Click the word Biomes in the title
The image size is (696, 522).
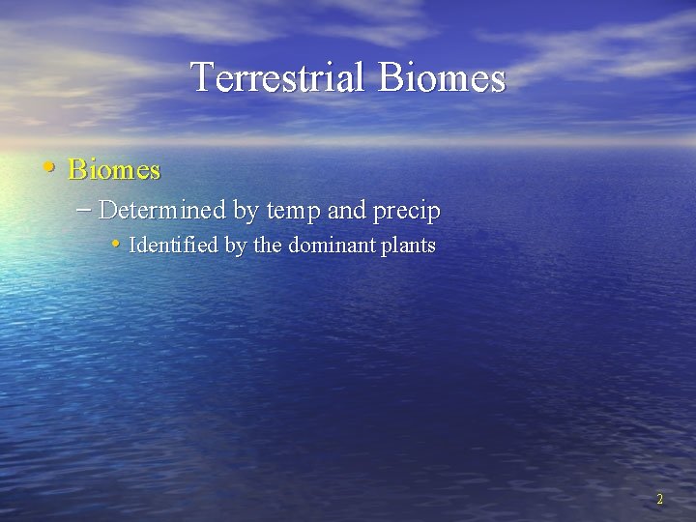(442, 77)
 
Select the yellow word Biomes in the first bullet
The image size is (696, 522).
(114, 170)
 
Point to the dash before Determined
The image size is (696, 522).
(84, 209)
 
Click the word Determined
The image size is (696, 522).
(162, 210)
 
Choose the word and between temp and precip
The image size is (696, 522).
(348, 210)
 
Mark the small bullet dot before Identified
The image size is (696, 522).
(116, 244)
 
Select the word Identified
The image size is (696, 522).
(173, 246)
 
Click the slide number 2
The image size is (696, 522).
(659, 500)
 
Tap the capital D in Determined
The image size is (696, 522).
(107, 210)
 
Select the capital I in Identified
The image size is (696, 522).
(132, 246)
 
